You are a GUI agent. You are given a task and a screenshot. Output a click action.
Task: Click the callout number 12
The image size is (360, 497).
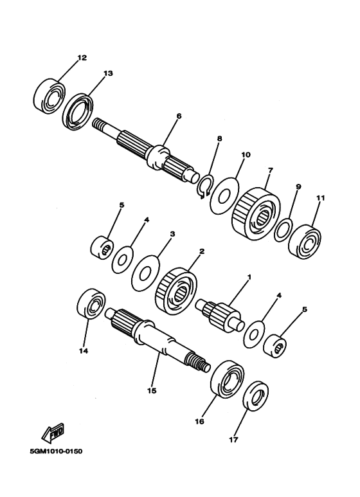tap(82, 58)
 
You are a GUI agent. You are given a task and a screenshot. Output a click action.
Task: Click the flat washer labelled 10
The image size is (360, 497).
tap(224, 194)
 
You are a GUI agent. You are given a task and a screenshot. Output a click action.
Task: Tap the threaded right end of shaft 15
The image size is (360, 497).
tap(202, 365)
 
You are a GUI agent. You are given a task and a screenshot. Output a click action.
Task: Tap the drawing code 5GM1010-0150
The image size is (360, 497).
tap(56, 451)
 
